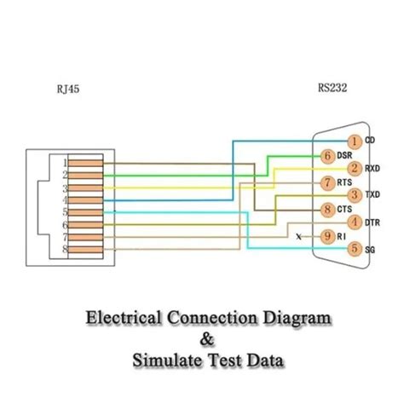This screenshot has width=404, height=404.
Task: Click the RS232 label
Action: point(331,86)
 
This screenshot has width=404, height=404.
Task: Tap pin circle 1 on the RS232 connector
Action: point(355,141)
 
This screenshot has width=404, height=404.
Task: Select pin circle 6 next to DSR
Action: point(327,155)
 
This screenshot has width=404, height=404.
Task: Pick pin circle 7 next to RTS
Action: point(327,182)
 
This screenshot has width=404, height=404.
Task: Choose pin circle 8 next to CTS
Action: point(327,209)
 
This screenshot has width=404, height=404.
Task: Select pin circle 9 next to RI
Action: point(327,235)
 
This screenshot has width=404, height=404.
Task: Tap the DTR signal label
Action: point(373,222)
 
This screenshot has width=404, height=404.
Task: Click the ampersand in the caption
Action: point(202,338)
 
